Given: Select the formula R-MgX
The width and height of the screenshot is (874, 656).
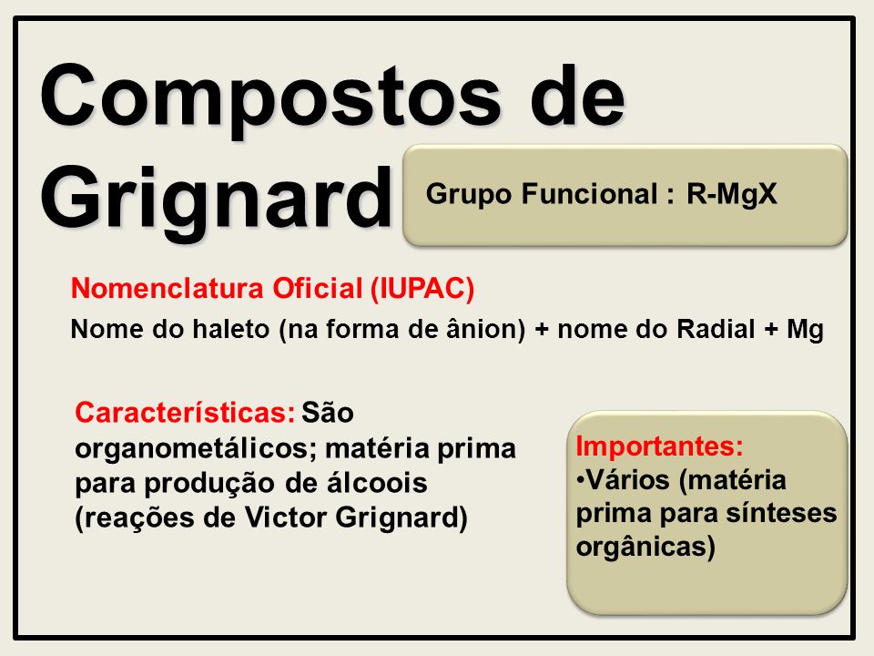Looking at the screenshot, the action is pyautogui.click(x=731, y=194).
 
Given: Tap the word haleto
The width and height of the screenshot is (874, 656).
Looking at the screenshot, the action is pyautogui.click(x=230, y=329).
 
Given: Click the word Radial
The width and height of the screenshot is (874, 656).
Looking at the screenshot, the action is pyautogui.click(x=716, y=329).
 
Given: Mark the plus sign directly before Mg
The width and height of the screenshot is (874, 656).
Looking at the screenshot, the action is pyautogui.click(x=771, y=330).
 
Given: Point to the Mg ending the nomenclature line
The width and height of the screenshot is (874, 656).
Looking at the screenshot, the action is pyautogui.click(x=805, y=330).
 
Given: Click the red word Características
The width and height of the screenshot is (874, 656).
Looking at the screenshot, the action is pyautogui.click(x=185, y=413).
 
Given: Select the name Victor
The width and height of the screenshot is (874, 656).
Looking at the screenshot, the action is pyautogui.click(x=285, y=518).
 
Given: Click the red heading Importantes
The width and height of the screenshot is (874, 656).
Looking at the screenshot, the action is pyautogui.click(x=659, y=446).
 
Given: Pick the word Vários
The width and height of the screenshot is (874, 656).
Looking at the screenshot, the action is pyautogui.click(x=630, y=480).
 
